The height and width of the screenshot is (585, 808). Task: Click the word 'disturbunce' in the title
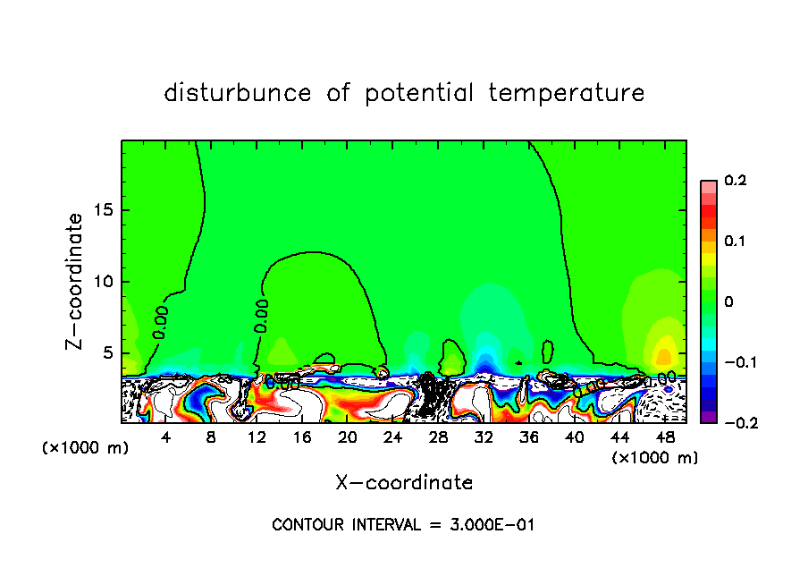click(x=238, y=93)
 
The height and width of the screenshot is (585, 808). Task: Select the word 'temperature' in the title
click(x=567, y=93)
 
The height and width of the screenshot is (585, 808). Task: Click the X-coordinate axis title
click(x=404, y=483)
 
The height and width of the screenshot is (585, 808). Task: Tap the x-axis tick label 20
click(x=348, y=438)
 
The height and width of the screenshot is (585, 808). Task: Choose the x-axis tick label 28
click(x=438, y=438)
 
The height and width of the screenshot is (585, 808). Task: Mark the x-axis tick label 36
click(x=529, y=438)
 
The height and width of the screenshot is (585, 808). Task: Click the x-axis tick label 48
click(x=665, y=438)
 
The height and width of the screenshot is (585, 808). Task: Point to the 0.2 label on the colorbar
click(x=736, y=182)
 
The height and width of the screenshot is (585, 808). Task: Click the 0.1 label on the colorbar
click(x=736, y=242)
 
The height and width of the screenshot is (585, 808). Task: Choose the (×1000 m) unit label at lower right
click(x=655, y=458)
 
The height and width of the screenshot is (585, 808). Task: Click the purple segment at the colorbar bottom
click(x=709, y=416)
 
